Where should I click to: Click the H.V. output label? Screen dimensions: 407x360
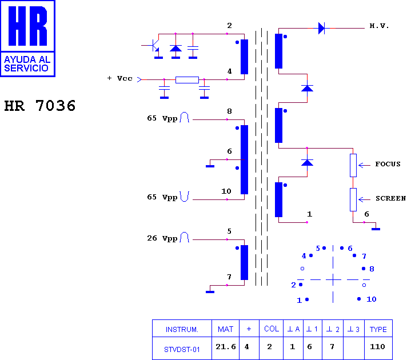tap(379, 26)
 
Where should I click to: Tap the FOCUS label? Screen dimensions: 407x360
tap(388, 164)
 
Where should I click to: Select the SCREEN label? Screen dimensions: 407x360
tap(391, 198)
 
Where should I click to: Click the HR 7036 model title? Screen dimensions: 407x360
tap(39, 106)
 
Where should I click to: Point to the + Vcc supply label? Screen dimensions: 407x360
tap(120, 78)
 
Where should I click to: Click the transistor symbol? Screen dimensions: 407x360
tap(155, 46)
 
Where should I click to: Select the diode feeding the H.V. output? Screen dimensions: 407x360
tap(321, 28)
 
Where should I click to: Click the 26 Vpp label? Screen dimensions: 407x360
tap(162, 238)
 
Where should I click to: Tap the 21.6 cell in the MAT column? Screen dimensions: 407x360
tap(226, 346)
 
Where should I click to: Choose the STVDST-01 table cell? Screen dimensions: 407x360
tap(182, 350)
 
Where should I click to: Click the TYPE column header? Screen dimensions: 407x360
tap(378, 329)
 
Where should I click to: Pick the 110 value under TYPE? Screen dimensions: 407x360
tap(377, 346)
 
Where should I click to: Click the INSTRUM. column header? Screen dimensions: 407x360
tap(182, 329)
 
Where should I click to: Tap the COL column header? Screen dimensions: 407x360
tap(272, 329)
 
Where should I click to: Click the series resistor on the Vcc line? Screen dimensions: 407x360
tap(187, 79)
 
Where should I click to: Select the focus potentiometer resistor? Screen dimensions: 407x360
tap(353, 165)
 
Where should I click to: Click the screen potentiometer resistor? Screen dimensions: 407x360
tap(353, 199)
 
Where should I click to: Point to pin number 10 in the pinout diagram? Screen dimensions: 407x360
tap(371, 299)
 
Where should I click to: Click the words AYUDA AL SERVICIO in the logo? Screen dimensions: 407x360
tap(27, 64)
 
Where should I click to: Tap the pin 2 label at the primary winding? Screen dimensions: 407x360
tap(229, 26)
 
